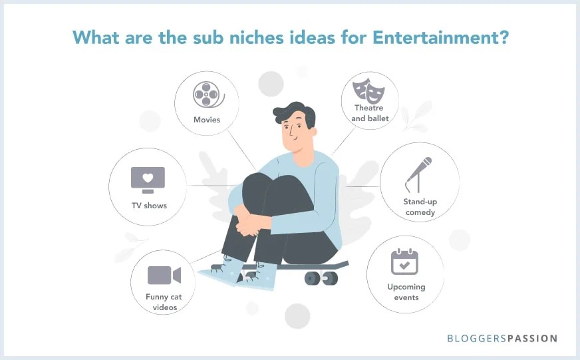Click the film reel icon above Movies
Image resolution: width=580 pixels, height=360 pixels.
point(207,94)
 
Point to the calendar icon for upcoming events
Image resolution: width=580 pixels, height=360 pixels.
point(405,262)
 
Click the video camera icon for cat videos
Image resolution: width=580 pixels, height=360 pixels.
point(164,275)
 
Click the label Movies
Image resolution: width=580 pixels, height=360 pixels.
point(207,120)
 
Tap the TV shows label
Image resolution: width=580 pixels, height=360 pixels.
point(148,206)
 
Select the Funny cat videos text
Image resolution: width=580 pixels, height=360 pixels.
point(164,301)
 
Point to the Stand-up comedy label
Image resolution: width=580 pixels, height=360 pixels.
point(419,206)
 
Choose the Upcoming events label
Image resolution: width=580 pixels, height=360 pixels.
point(406,292)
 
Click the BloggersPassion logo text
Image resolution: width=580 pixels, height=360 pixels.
point(502,339)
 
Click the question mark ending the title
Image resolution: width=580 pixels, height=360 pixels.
point(504,37)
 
